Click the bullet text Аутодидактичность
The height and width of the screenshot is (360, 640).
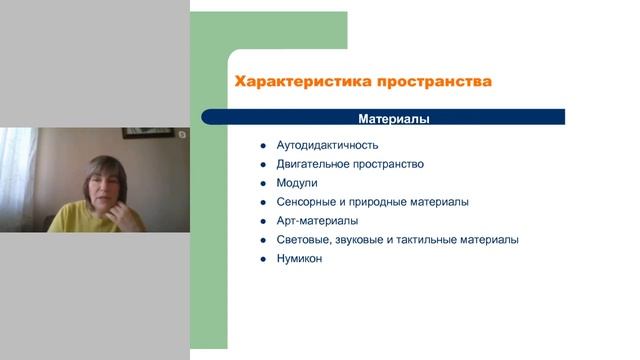click(x=327, y=145)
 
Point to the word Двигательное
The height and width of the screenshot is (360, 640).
click(x=313, y=164)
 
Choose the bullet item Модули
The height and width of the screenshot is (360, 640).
click(x=296, y=183)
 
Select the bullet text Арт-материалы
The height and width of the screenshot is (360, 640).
click(x=317, y=221)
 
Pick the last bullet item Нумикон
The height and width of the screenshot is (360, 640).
click(x=299, y=259)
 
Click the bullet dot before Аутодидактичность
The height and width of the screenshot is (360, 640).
click(x=262, y=145)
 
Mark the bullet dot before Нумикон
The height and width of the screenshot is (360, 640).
click(x=262, y=259)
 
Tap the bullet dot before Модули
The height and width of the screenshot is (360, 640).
click(x=262, y=183)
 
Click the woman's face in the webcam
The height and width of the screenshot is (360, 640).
click(x=104, y=181)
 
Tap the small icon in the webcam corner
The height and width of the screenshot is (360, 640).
click(x=182, y=134)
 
